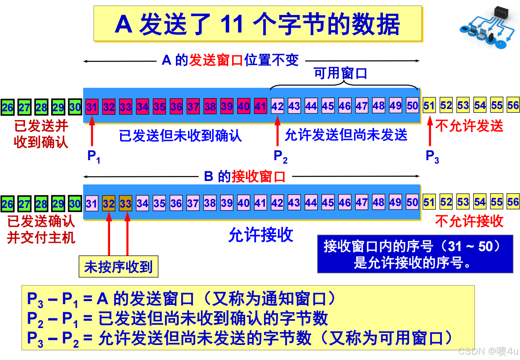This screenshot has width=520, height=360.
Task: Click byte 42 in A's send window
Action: pyautogui.click(x=277, y=106)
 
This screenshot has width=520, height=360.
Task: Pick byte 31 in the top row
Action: pyautogui.click(x=92, y=107)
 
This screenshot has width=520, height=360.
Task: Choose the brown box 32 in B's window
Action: pyautogui.click(x=109, y=203)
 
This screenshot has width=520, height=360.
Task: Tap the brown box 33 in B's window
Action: pyautogui.click(x=125, y=203)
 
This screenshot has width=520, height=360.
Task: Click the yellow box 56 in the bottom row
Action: pyautogui.click(x=513, y=202)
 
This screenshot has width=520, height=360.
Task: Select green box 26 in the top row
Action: pyautogui.click(x=7, y=107)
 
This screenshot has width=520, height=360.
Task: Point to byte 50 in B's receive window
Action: pyautogui.click(x=412, y=202)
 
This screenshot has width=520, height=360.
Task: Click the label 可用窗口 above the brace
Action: pyautogui.click(x=340, y=73)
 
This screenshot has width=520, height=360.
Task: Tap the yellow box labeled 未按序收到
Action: pyautogui.click(x=119, y=266)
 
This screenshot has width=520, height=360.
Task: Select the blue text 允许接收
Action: pyautogui.click(x=261, y=234)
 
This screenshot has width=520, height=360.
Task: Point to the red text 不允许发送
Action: pyautogui.click(x=469, y=126)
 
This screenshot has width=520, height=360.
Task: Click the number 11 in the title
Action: pyautogui.click(x=232, y=24)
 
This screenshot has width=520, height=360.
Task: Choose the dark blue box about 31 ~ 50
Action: pyautogui.click(x=415, y=254)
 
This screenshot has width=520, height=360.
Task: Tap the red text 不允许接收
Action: pyautogui.click(x=469, y=221)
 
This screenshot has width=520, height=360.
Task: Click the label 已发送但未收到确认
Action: pyautogui.click(x=180, y=136)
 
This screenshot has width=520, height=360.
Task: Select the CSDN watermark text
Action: pyautogui.click(x=488, y=351)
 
